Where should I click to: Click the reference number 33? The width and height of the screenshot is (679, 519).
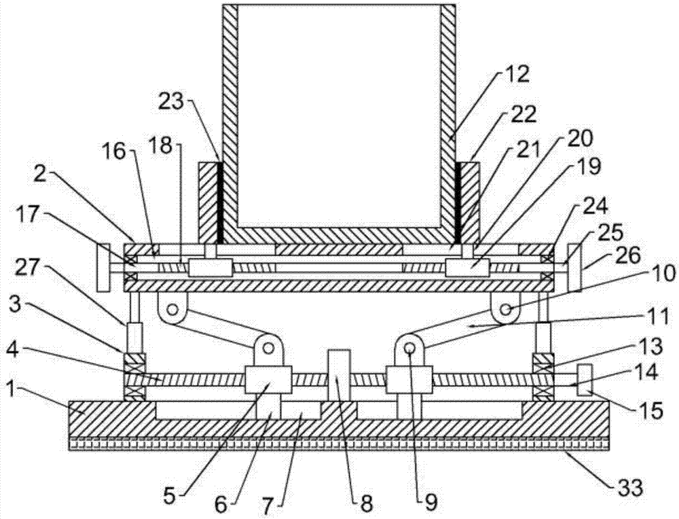point(629,488)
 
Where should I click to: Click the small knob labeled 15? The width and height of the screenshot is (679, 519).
point(585,380)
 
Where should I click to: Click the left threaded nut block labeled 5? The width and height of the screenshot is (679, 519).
point(268,380)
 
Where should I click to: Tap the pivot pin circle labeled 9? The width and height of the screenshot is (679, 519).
point(410,347)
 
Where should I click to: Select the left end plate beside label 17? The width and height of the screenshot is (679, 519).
point(104,267)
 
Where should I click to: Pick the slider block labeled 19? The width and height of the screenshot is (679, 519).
point(468,267)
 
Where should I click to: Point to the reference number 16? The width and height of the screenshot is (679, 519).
point(115,152)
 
